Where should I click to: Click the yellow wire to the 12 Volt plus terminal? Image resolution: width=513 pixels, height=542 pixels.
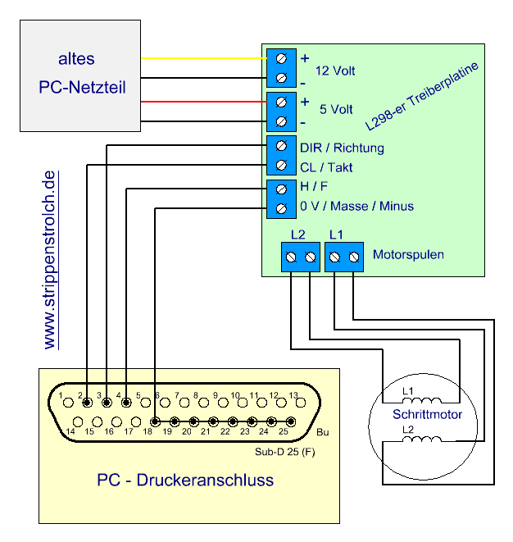coord(205,58)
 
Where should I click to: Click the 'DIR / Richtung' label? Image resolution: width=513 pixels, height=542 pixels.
coord(342,148)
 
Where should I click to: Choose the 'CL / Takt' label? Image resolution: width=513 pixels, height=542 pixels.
coord(326,168)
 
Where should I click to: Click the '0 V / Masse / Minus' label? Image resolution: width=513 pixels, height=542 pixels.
coord(356,206)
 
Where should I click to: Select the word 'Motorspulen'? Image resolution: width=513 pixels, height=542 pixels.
coord(408,254)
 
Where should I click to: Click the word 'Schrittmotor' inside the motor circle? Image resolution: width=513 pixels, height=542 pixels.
coord(427,415)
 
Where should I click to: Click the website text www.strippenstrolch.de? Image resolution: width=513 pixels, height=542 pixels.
coord(51,261)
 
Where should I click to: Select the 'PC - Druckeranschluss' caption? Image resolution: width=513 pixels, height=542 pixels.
coord(185,480)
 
